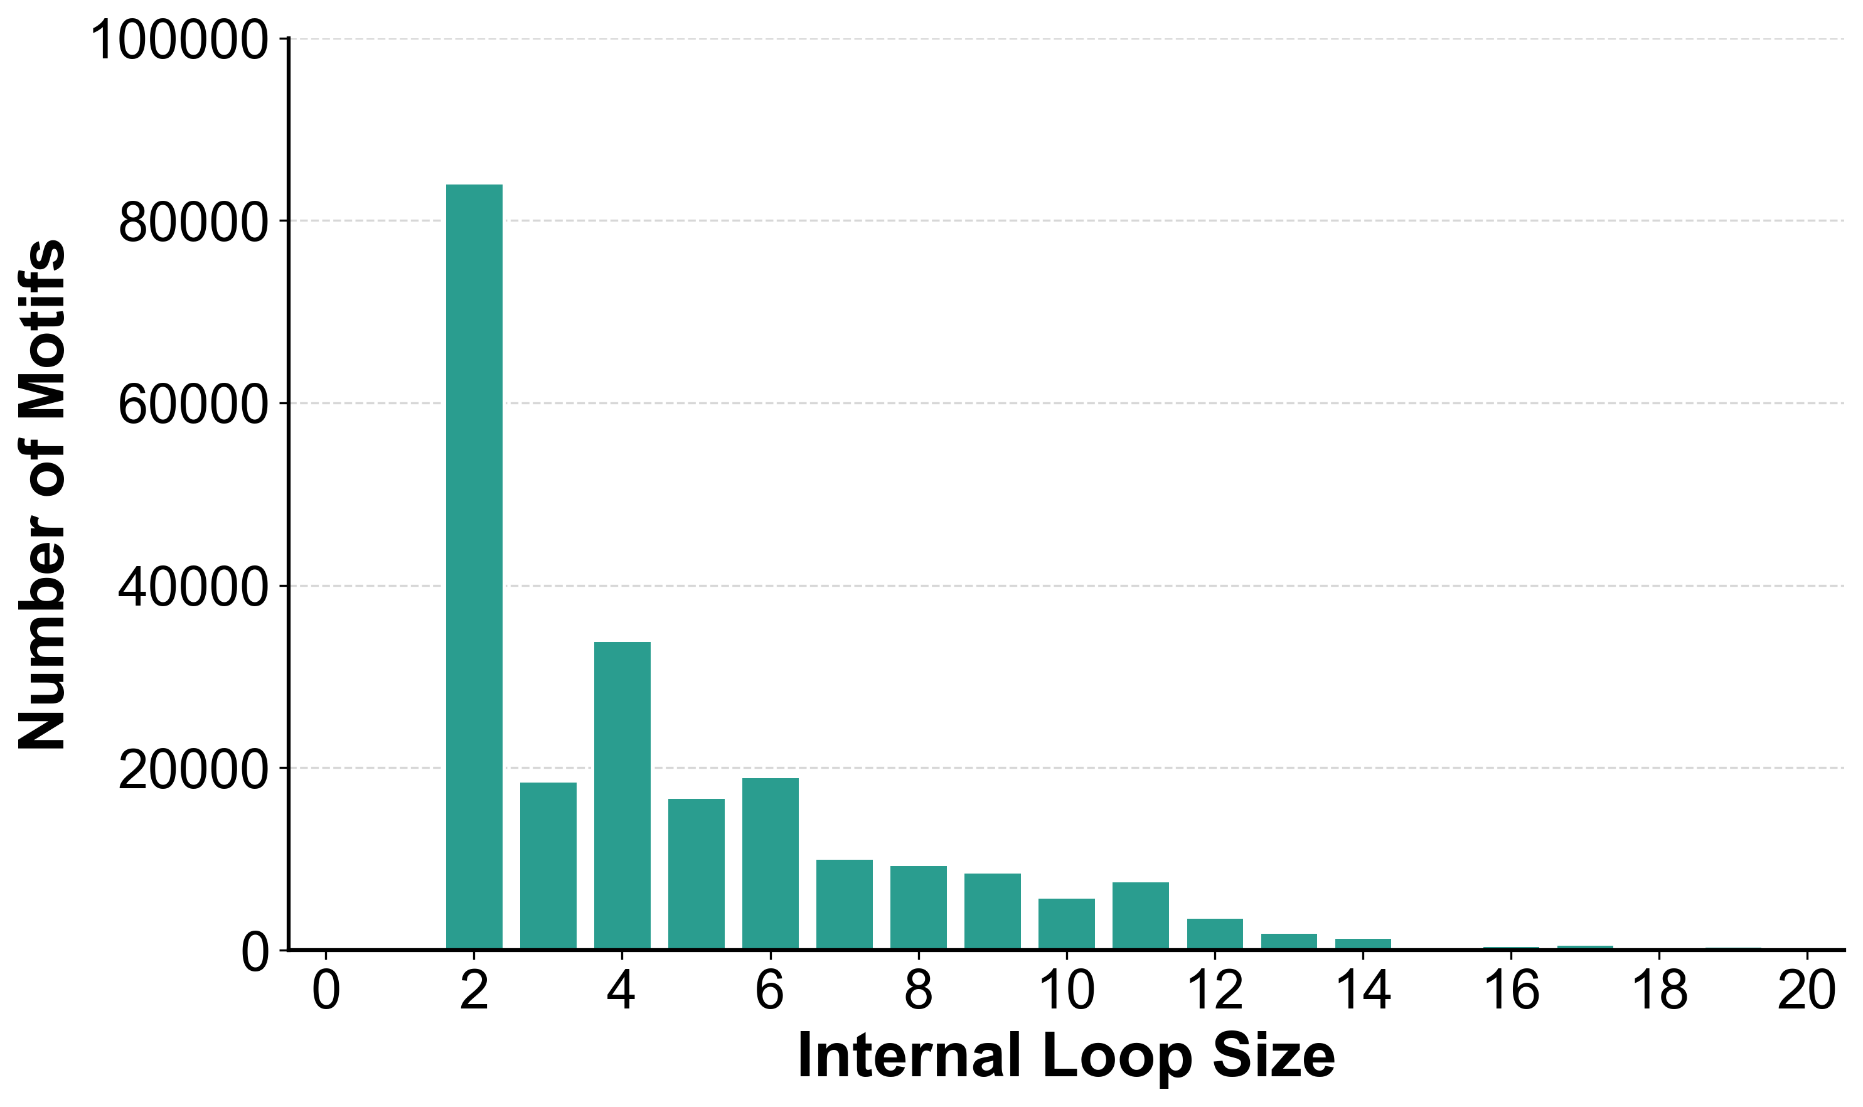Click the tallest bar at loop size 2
474,567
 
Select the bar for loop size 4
622,795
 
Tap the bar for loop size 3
548,866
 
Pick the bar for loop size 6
770,864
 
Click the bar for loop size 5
696,874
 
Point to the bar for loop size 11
1140,916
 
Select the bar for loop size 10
1067,924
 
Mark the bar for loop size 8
918,908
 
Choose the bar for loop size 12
1215,934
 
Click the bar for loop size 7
844,905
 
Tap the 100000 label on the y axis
179,40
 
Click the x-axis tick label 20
1807,992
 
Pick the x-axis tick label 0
326,992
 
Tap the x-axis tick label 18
1660,992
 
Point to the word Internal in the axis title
909,1056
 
